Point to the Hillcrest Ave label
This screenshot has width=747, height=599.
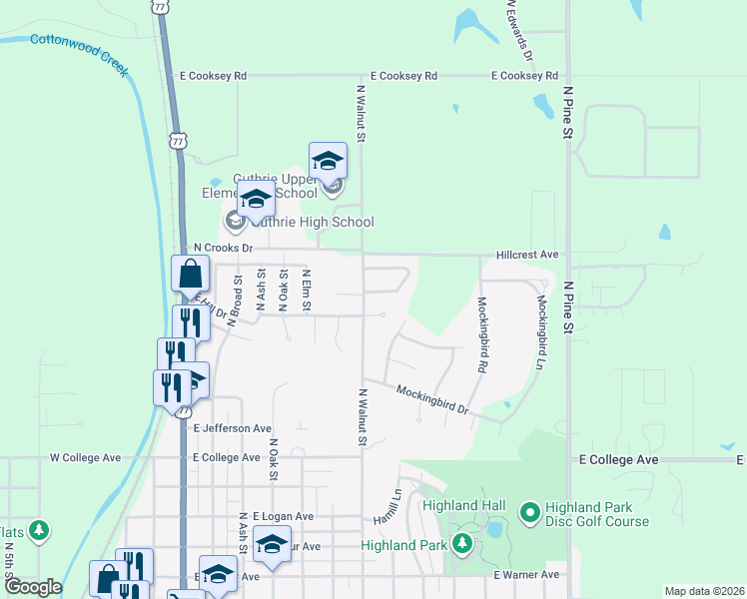point(526,256)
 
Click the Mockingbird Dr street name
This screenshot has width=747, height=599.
point(431,399)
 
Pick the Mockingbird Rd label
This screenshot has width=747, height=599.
point(481,334)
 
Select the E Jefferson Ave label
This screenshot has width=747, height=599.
point(233,428)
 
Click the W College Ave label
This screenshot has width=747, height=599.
point(85,458)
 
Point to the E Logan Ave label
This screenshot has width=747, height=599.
point(283,516)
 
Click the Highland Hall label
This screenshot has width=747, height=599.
point(464,505)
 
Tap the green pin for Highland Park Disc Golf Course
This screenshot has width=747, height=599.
point(529,513)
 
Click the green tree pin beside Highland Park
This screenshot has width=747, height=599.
point(461,544)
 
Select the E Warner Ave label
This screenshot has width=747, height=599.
point(526,575)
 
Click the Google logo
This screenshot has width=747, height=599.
point(33,587)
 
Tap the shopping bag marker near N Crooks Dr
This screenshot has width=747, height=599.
point(190,275)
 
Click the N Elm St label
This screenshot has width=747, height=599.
point(307,290)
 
